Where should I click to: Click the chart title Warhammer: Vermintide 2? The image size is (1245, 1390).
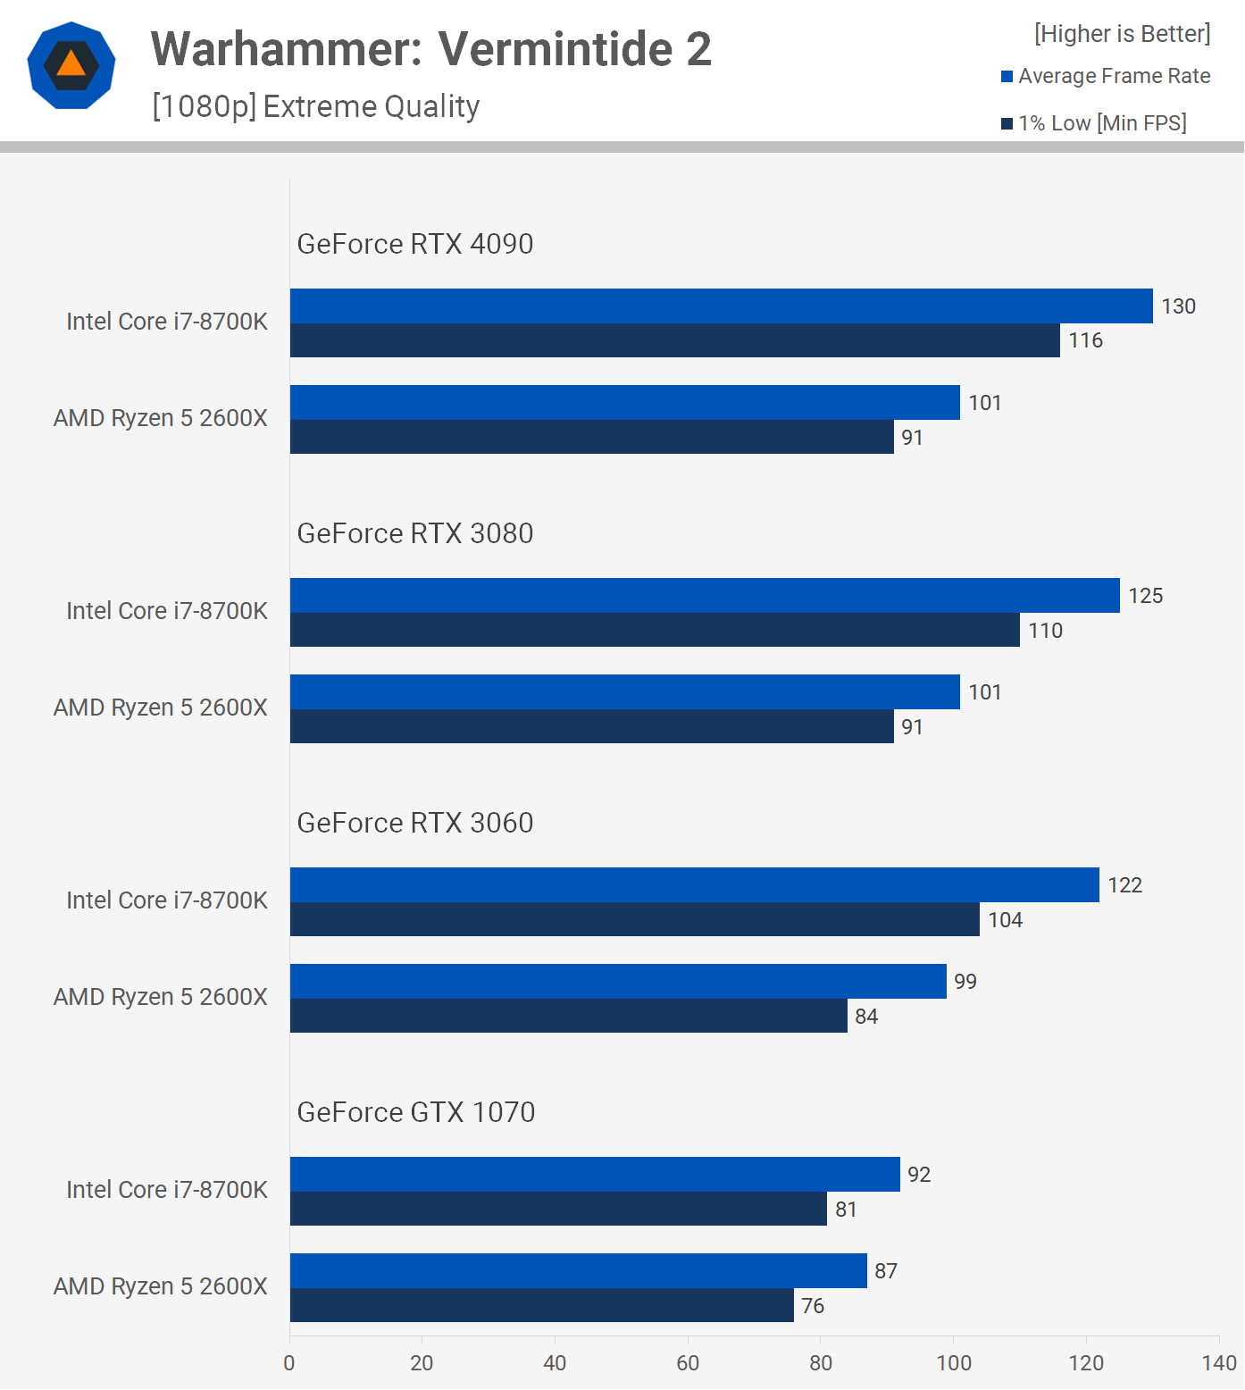coord(431,49)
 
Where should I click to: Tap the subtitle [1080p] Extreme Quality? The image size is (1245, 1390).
coord(316,106)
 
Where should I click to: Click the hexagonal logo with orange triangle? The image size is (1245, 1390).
coord(71,65)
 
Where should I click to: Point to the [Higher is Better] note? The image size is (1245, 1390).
coord(1122,34)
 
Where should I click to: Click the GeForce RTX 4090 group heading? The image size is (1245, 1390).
coord(415,244)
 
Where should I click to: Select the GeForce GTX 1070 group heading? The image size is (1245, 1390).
coord(416,1112)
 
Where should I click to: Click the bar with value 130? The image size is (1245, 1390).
coord(721,306)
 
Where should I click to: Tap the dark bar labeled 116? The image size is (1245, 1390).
coord(674,340)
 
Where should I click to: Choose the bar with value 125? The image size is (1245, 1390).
coord(705,595)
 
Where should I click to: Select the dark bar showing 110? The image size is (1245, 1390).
coord(655,630)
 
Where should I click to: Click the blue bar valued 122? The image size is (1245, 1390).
coord(694,884)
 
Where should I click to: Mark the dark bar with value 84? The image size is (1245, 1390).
coord(568,1016)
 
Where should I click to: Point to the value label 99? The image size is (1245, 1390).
coord(965,982)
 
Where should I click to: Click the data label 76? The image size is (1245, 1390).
coord(813,1306)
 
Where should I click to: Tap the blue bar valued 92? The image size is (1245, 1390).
coord(595,1174)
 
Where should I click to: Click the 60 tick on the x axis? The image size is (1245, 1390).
coord(688,1363)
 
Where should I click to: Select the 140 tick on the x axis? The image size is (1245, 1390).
coord(1219,1363)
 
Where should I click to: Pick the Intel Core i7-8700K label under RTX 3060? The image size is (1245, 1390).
coord(167,900)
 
